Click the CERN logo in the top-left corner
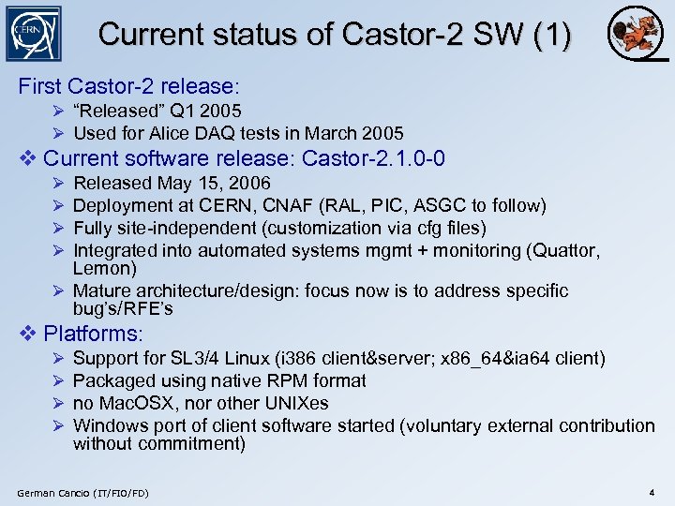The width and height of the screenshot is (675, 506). [x=34, y=35]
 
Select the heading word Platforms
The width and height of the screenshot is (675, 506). [x=93, y=334]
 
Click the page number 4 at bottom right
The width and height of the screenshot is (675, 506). [x=650, y=492]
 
